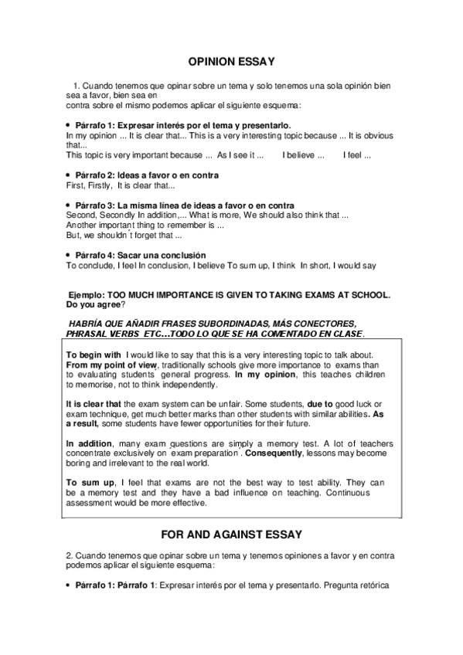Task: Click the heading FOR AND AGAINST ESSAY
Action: (231, 534)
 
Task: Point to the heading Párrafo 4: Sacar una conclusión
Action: (141, 255)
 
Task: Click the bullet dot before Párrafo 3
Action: (69, 205)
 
